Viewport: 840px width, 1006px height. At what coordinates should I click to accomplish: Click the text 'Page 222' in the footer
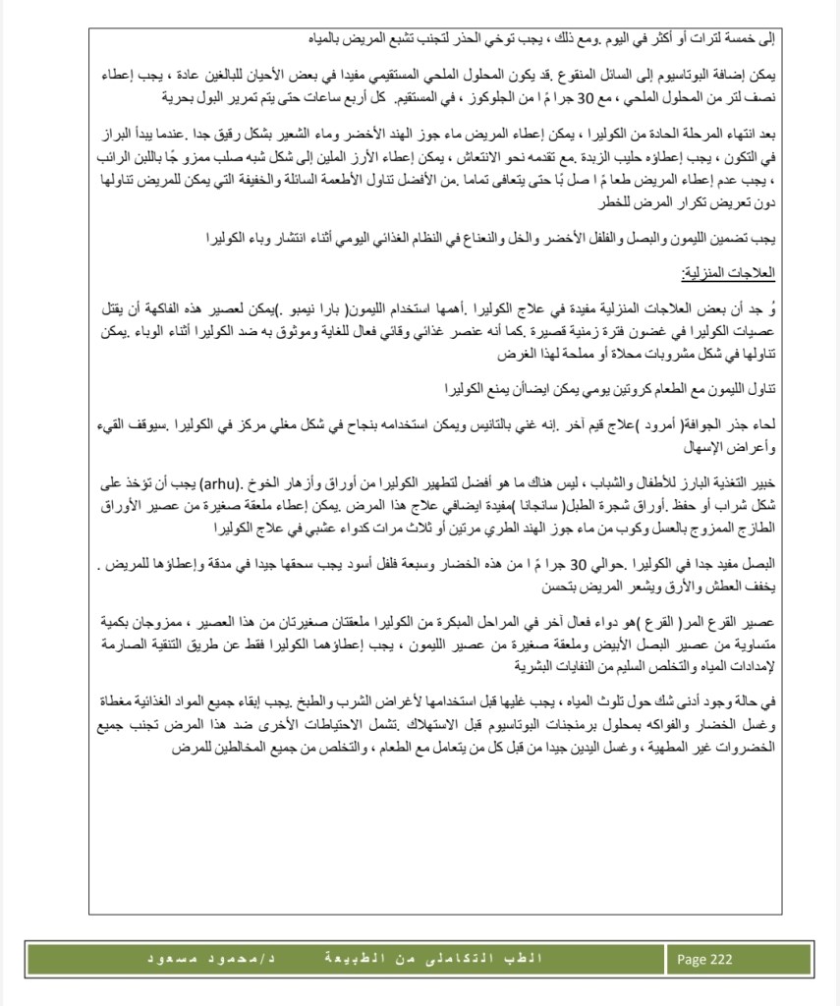tap(704, 960)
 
